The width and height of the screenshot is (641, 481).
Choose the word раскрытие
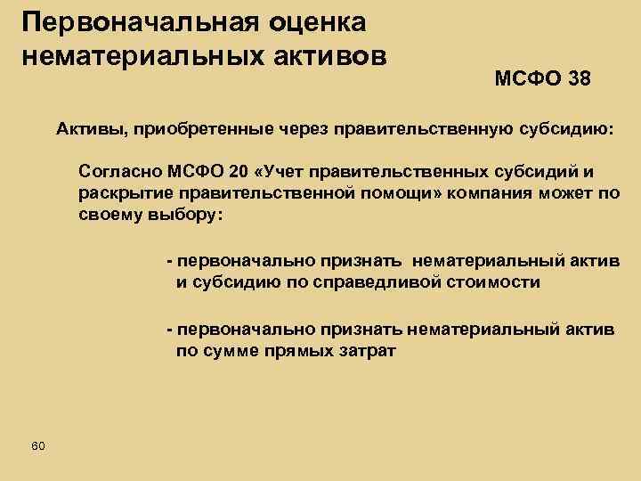coord(120,193)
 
